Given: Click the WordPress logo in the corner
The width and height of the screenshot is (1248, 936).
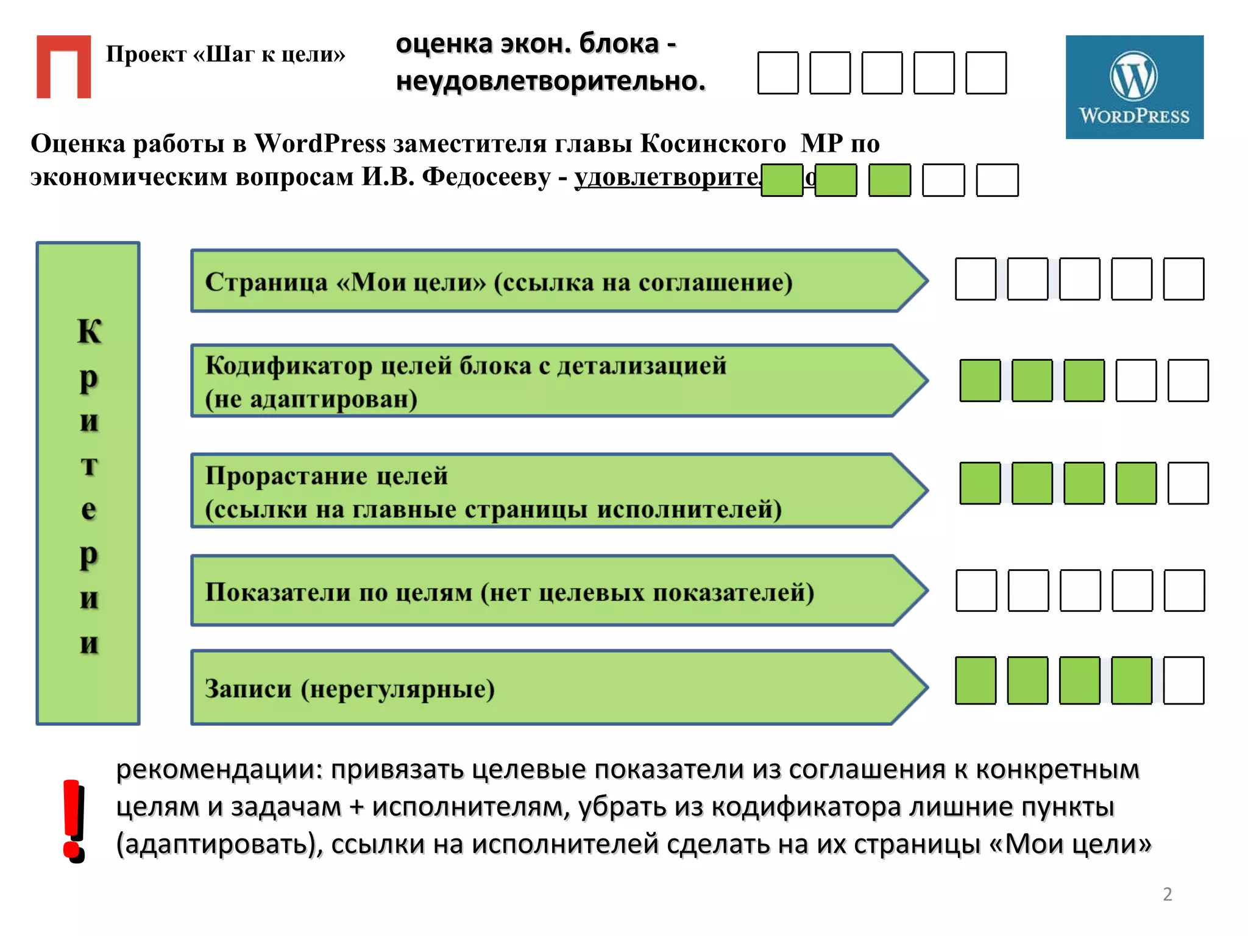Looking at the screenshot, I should point(1134,87).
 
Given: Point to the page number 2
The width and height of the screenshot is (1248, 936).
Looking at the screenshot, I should point(1167,894).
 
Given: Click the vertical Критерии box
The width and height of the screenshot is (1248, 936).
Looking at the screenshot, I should point(88,483).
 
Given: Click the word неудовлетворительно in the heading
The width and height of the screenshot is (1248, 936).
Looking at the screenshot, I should point(550,81).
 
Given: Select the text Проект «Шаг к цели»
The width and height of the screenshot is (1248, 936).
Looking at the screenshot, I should point(225,54).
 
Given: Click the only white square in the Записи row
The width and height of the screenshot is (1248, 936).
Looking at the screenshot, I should point(1183,680).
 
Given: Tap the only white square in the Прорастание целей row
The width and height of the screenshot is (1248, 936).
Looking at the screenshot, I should point(1188,483).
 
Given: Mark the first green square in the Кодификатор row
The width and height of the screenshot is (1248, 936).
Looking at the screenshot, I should point(980,381).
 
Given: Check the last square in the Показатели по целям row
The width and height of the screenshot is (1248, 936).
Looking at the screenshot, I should point(1184,590).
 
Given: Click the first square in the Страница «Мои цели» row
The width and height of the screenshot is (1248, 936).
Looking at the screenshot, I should point(976,279).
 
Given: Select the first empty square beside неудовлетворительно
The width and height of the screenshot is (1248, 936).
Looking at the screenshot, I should point(778,73).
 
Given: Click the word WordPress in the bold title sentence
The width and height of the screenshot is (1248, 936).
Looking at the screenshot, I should point(320,144).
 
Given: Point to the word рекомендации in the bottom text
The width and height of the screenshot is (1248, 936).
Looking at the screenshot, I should point(219,770).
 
